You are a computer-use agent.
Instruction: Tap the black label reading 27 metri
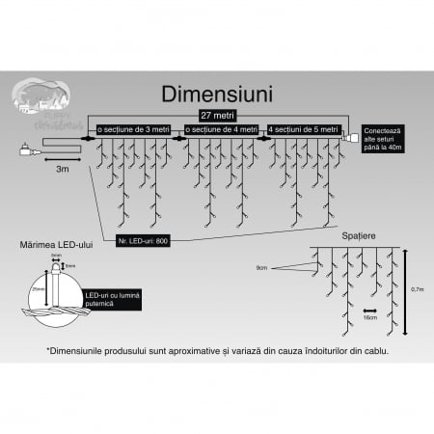(216, 115)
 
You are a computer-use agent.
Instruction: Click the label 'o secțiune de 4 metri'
(220, 129)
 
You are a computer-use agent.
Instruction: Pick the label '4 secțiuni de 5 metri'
(304, 129)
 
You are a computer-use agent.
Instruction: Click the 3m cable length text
(63, 168)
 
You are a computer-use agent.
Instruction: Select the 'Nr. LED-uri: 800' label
(144, 238)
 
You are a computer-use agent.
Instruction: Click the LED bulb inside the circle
(62, 286)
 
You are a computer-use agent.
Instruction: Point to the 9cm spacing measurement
(262, 267)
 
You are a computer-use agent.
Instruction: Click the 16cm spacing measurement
(369, 315)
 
